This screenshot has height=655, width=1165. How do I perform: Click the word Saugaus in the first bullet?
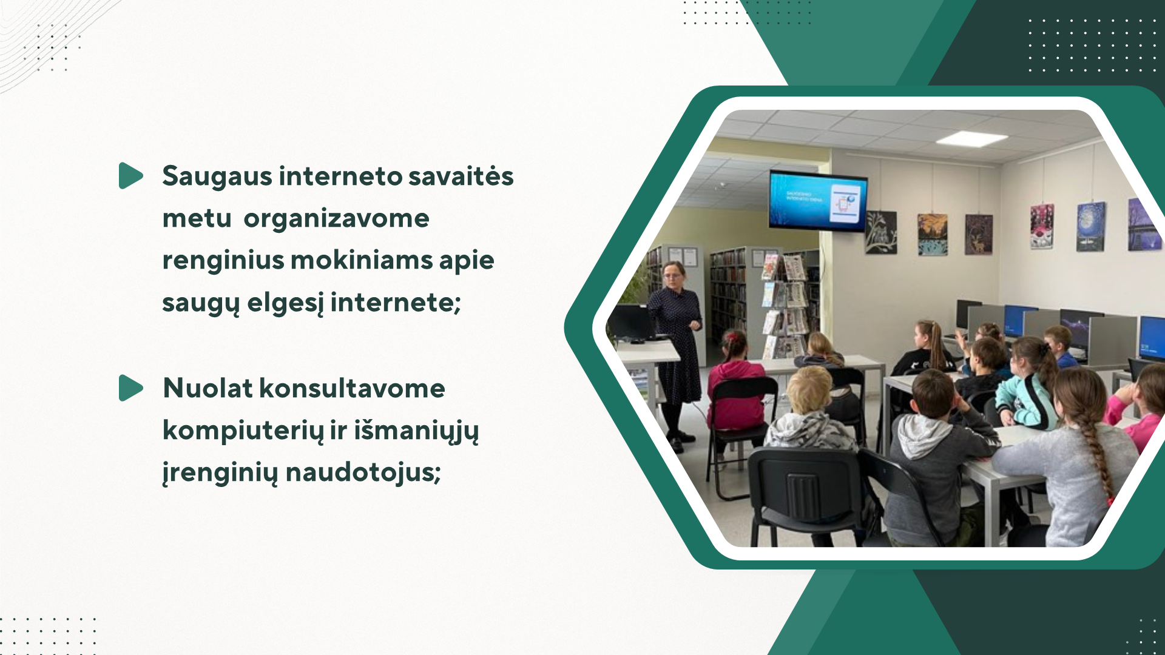coord(217,177)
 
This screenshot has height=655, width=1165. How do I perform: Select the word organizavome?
coord(336,218)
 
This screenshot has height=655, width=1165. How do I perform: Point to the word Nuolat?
coord(208,388)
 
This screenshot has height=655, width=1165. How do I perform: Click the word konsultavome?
coord(353,388)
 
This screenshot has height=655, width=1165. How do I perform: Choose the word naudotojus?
coord(363,472)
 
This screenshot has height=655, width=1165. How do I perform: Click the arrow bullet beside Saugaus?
coord(130,176)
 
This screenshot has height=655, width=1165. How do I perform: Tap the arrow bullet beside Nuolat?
coord(130,388)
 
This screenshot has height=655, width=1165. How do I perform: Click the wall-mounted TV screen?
coord(818,201)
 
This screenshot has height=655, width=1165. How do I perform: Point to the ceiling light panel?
coord(971,139)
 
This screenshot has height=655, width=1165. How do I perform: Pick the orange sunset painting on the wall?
coord(933,234)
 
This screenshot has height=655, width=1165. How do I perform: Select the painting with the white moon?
coord(1090,226)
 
